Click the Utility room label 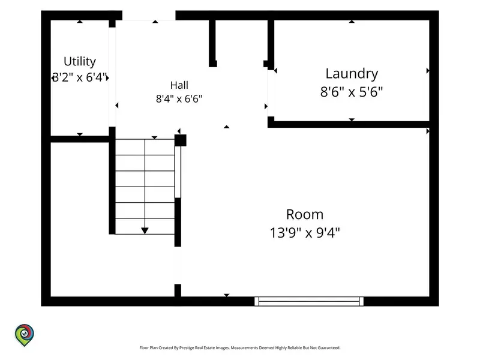[x=80, y=62]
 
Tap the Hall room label [x=179, y=85]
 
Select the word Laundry [x=352, y=74]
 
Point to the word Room [x=305, y=214]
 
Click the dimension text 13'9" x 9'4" [x=305, y=233]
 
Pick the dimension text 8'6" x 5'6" [x=352, y=92]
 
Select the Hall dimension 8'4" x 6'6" [x=179, y=99]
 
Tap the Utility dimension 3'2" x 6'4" [x=80, y=77]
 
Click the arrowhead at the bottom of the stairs [x=145, y=231]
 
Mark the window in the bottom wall [x=309, y=301]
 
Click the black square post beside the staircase [x=181, y=140]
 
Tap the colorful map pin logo [x=25, y=335]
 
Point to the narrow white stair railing [x=178, y=172]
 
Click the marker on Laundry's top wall [x=352, y=22]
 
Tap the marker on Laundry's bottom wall [x=352, y=119]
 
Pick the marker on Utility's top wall [x=80, y=22]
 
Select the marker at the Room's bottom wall [x=227, y=295]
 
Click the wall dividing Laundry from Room [x=349, y=124]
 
